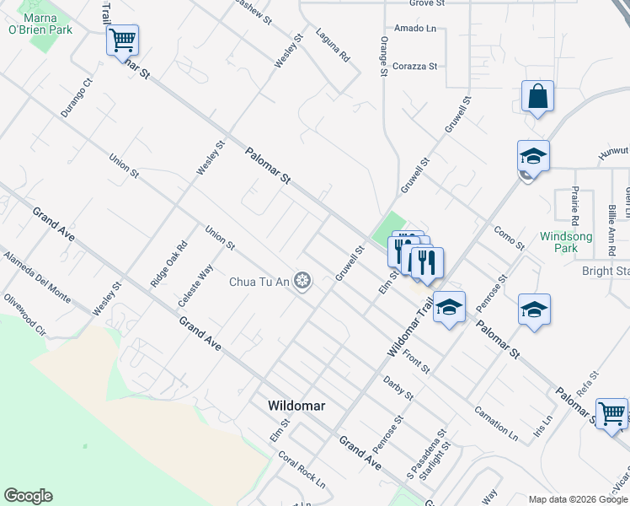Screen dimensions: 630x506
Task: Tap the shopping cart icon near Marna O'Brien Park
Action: click(122, 40)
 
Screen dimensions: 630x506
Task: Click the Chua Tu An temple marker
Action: click(302, 282)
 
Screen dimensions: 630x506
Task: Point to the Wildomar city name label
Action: click(296, 406)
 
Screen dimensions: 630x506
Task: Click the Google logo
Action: click(28, 496)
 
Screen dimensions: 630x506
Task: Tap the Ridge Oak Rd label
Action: click(169, 266)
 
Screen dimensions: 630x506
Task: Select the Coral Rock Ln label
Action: click(302, 469)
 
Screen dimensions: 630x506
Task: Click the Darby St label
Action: click(398, 388)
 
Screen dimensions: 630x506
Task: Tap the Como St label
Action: click(509, 238)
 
